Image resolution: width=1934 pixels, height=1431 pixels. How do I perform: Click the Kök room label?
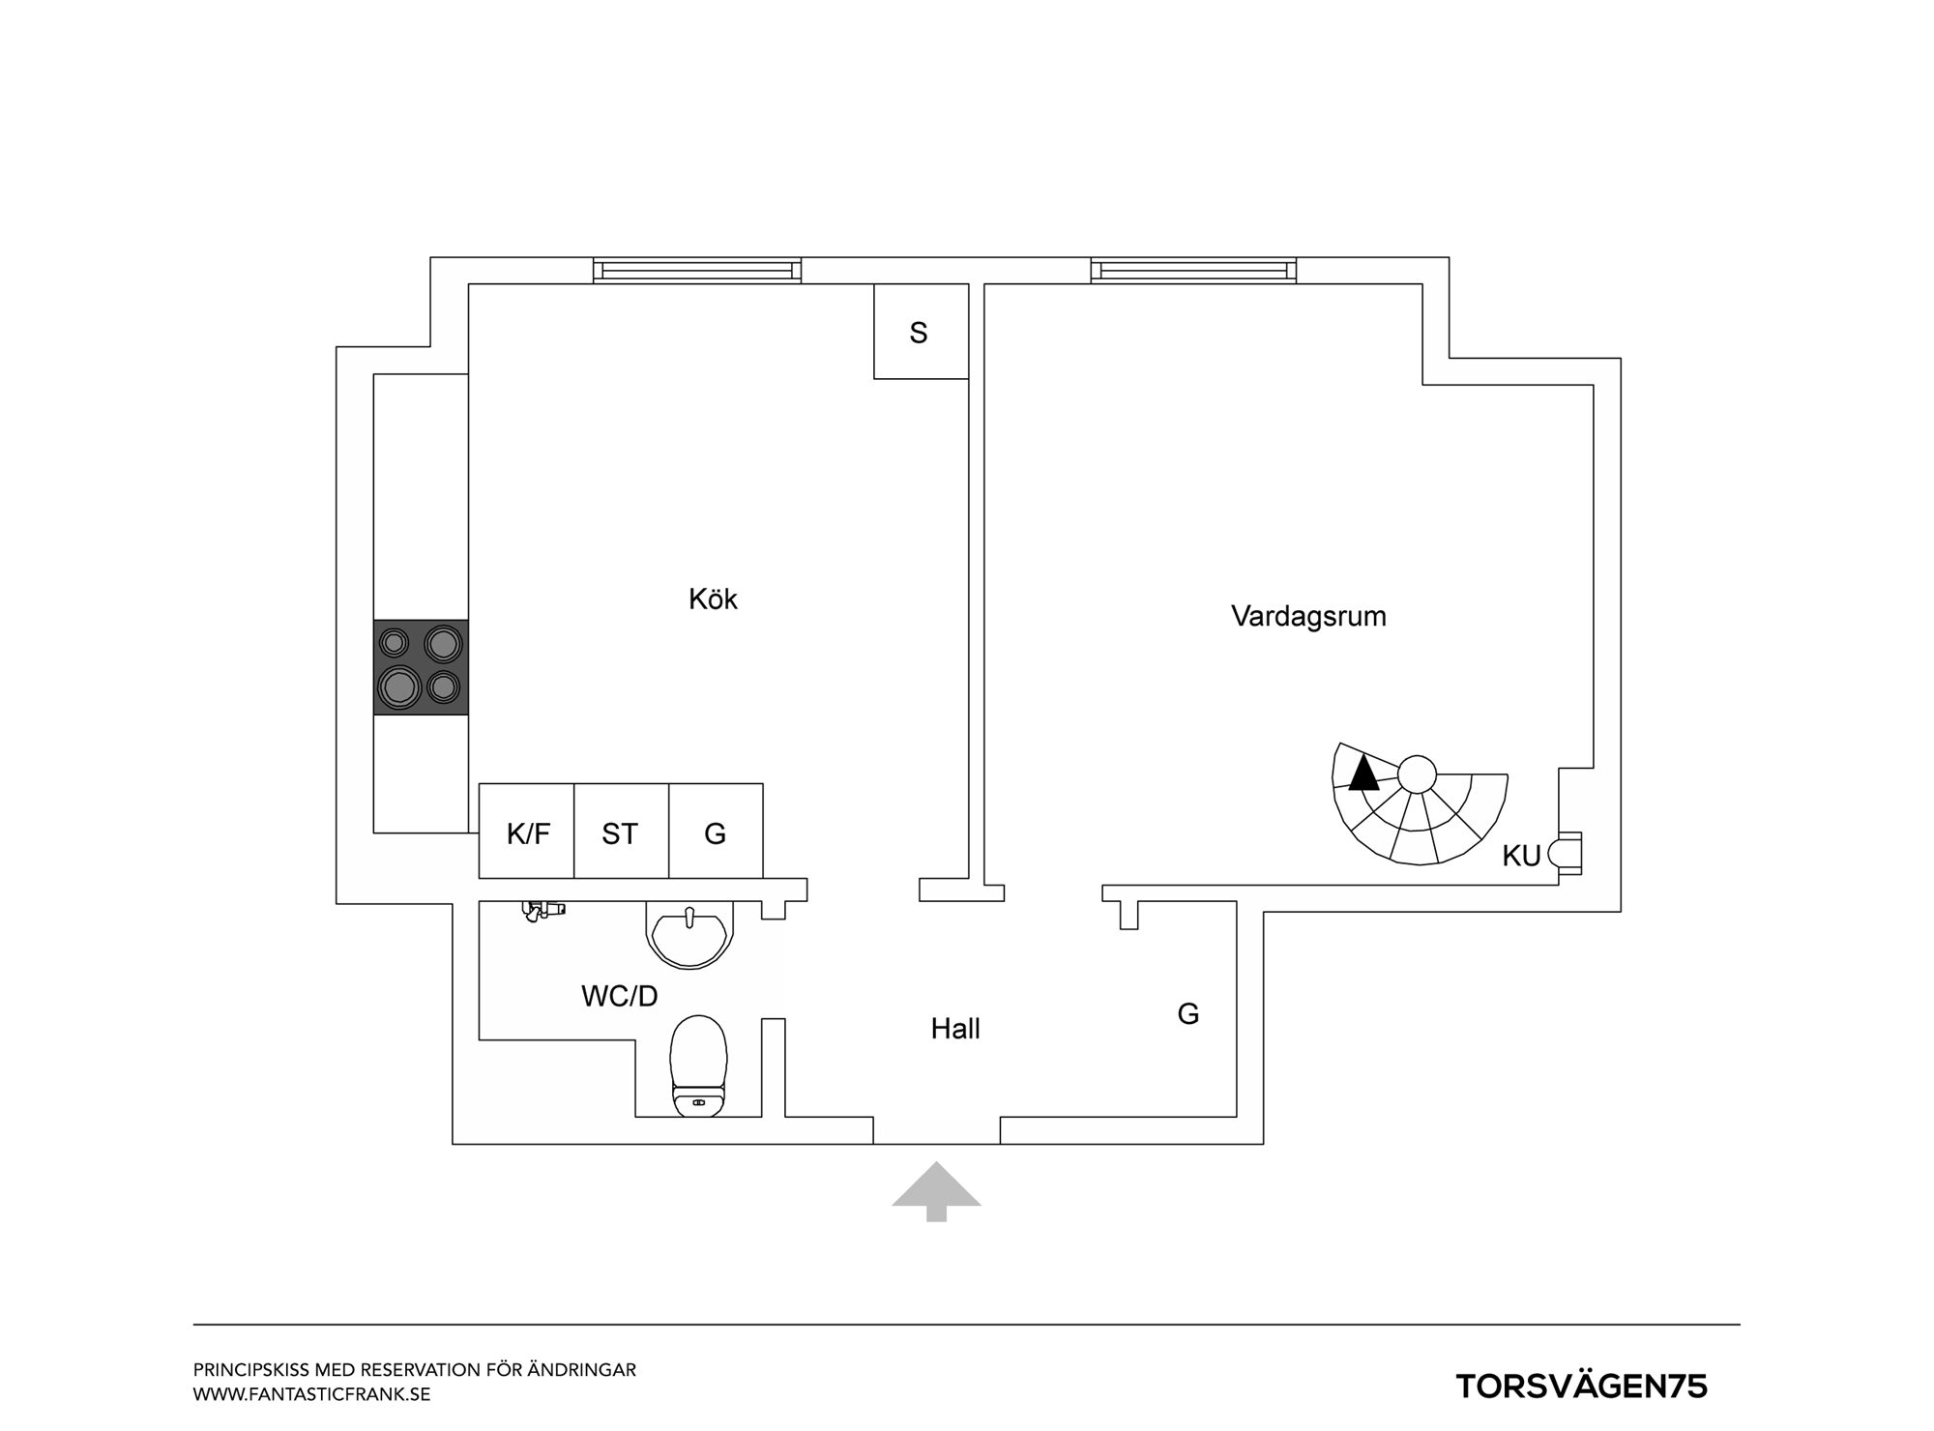[x=713, y=599]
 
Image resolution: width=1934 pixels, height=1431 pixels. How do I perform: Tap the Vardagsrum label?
[x=1308, y=616]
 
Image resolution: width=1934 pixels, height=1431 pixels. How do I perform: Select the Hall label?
[x=955, y=1029]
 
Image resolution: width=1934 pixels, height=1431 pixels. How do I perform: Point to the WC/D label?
[x=620, y=996]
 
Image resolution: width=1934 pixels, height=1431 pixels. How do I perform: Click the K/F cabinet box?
[x=527, y=832]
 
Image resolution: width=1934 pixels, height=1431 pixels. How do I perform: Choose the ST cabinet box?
[x=621, y=832]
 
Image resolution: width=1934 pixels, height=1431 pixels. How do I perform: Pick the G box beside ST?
[x=716, y=832]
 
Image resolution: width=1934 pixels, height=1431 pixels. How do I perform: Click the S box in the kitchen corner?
[x=921, y=332]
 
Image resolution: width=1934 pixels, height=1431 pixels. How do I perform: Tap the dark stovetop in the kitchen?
[x=421, y=667]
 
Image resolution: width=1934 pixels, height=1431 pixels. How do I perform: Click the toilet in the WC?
[x=699, y=1066]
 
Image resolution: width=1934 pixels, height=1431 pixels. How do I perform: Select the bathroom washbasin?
[x=689, y=935]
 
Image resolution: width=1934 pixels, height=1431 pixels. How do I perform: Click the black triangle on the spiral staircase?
[x=1363, y=774]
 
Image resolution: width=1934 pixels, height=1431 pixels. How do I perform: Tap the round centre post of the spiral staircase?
[x=1417, y=774]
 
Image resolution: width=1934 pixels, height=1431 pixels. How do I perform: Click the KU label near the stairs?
[x=1521, y=856]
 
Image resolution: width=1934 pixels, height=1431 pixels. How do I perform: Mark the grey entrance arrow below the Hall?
[x=936, y=1191]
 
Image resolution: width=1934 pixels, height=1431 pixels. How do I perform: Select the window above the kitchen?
[x=697, y=270]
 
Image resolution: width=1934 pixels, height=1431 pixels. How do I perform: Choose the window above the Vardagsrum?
[x=1193, y=270]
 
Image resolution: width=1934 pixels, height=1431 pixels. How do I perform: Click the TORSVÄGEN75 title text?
[x=1582, y=1387]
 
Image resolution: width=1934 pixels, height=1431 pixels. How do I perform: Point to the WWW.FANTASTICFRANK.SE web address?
[x=311, y=1394]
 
